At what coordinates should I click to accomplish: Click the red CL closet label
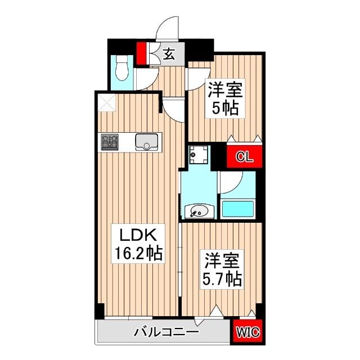click(x=243, y=156)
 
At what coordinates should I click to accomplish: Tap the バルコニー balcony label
click(x=166, y=332)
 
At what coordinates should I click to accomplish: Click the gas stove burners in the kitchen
click(x=110, y=141)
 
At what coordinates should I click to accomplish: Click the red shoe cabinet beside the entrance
click(x=142, y=55)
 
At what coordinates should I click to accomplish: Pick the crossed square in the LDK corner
click(x=106, y=102)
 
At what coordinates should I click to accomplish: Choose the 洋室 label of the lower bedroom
click(x=221, y=260)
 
